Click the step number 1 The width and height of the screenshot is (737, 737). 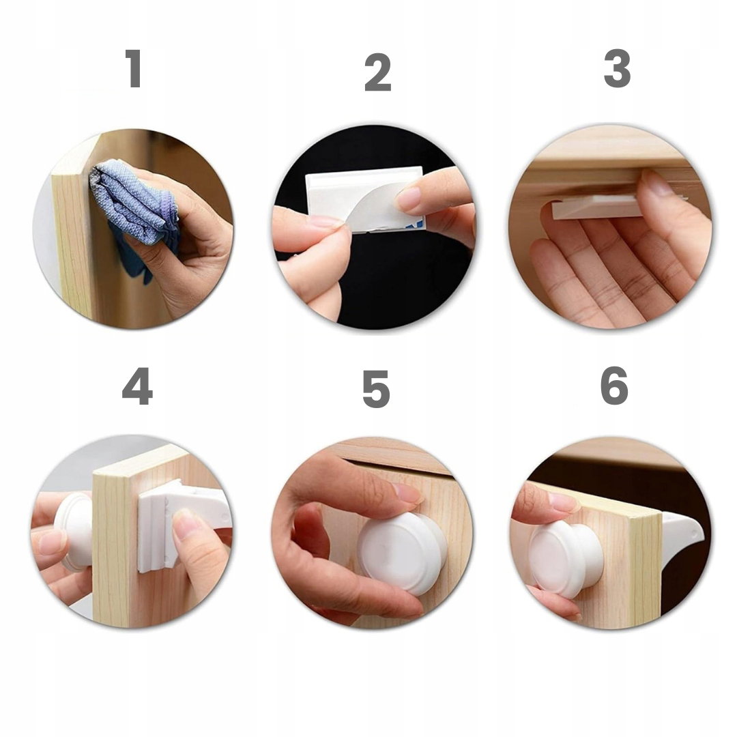point(134,69)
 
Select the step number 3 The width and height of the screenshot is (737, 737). point(617,68)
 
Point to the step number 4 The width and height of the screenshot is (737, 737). point(137,386)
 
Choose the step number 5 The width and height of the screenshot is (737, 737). point(376,389)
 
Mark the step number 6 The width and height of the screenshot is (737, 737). point(614,386)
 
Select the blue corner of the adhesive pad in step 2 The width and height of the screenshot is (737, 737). point(418,224)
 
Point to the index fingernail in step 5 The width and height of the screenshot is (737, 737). point(408,493)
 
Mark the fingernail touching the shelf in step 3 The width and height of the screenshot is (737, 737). point(657,184)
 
